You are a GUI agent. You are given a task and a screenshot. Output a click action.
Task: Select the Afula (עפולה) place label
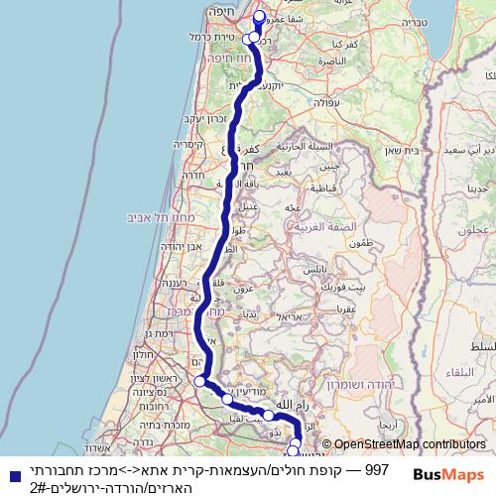(324, 101)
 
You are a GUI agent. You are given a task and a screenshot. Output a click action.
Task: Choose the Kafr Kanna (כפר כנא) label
(344, 45)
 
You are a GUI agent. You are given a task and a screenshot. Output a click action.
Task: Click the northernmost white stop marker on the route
(261, 16)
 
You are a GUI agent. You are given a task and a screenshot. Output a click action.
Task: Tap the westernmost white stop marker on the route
(200, 381)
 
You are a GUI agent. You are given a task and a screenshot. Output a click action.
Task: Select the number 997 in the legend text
(377, 467)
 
